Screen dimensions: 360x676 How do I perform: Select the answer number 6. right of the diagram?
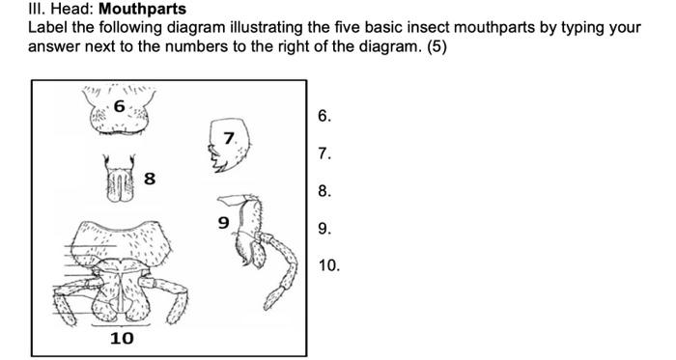tap(324, 117)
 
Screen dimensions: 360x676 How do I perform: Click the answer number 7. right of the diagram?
tap(324, 154)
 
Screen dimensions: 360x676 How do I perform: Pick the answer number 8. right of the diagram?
tap(324, 192)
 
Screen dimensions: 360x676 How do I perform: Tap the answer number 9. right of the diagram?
tap(324, 229)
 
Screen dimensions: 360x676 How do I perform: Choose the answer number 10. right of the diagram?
tap(328, 265)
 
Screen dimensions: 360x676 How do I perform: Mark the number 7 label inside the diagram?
tap(229, 139)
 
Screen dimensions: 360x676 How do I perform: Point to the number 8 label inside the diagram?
tap(150, 178)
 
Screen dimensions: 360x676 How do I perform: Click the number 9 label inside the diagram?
tap(223, 223)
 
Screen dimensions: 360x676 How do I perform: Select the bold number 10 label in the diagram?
tap(122, 339)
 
